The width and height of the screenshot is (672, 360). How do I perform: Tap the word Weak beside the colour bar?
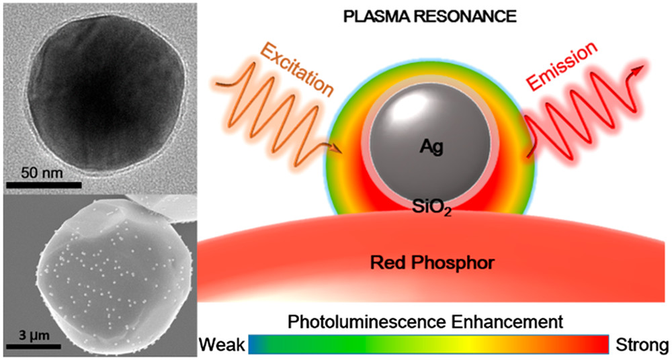coord(222,345)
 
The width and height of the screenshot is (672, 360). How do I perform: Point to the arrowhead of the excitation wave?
coord(338,150)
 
